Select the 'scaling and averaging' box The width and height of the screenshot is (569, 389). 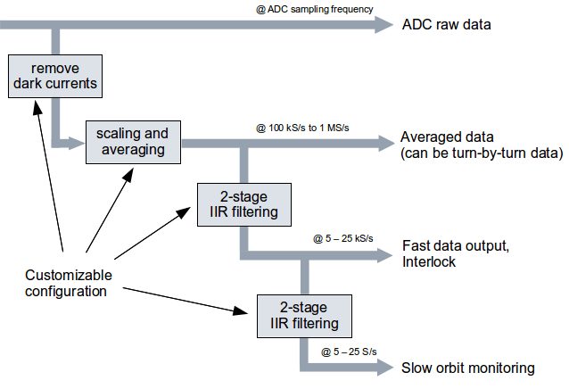131,141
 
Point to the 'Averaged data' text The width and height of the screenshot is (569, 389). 447,137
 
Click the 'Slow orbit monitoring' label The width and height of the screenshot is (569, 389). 467,368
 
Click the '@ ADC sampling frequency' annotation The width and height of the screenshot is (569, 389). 313,9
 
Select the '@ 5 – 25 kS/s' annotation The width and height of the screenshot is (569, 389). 342,238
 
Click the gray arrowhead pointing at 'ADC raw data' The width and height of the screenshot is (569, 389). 384,25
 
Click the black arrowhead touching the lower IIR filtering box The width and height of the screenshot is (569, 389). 247,312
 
